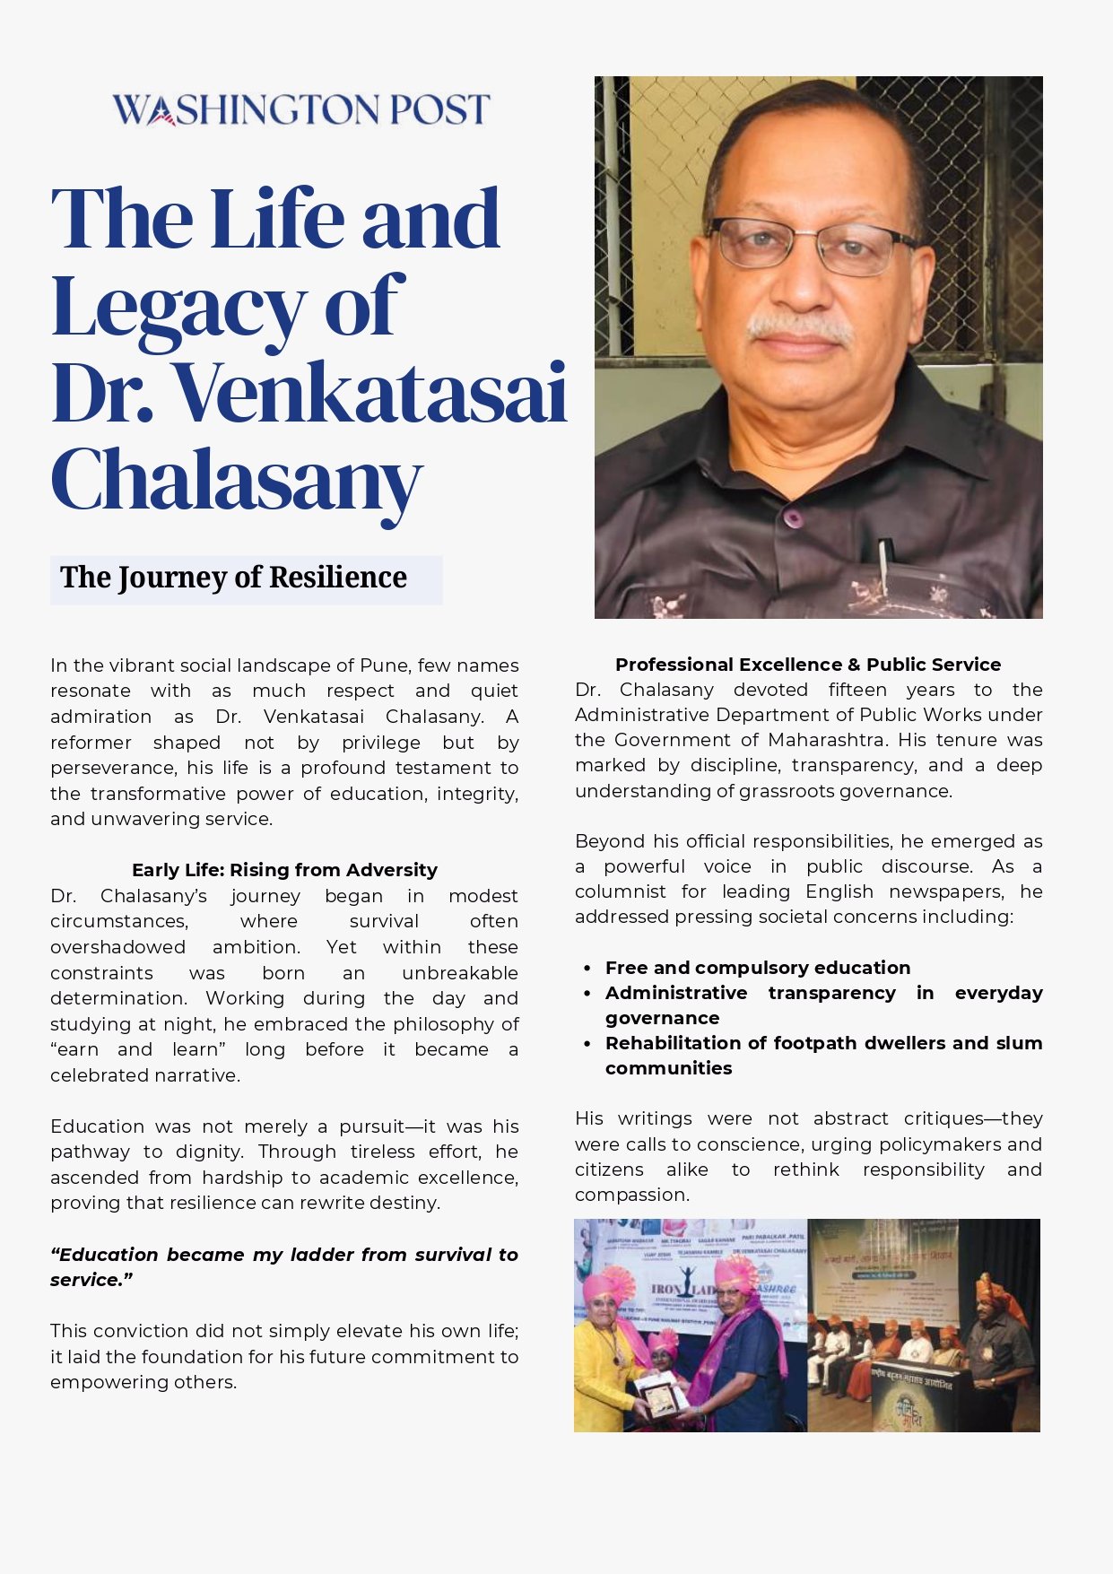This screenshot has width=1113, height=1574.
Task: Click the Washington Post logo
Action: coord(300,109)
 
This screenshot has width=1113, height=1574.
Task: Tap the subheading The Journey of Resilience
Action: coord(233,578)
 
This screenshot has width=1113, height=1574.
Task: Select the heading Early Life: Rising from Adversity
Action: coord(284,869)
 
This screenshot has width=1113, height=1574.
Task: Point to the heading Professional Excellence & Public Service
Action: coord(807,665)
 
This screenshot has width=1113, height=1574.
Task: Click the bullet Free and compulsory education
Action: coord(757,968)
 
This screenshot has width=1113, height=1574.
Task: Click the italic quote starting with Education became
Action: coord(283,1266)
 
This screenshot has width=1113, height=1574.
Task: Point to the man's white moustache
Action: coord(800,328)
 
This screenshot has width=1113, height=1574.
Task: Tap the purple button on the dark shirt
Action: coord(792,517)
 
